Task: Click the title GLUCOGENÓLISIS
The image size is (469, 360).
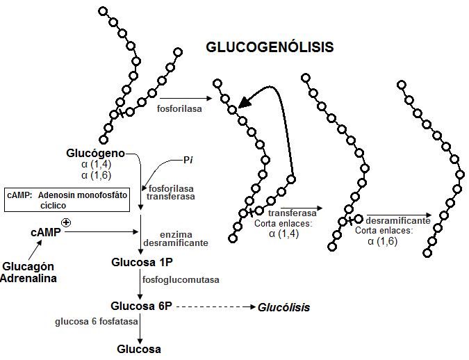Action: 270,48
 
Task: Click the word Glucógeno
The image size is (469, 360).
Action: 96,153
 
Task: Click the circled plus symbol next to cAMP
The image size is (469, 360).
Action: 67,222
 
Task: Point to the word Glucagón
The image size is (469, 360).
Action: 28,267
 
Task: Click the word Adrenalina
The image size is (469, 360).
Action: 28,278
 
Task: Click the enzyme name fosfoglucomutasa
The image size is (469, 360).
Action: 181,280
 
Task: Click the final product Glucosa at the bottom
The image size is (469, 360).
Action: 139,349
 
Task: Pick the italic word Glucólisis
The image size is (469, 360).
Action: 284,307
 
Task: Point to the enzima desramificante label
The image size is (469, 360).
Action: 175,240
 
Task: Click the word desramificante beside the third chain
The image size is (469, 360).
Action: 397,220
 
